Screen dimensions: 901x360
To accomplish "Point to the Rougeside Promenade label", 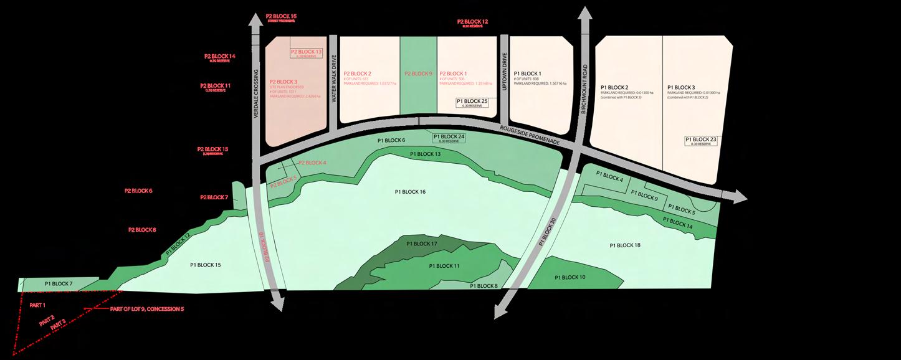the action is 530,136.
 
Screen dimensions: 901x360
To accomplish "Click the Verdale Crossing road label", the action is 256,93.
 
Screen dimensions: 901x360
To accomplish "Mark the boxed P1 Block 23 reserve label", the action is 701,141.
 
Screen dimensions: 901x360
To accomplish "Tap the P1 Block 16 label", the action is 410,192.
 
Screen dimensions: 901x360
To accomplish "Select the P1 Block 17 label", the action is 422,244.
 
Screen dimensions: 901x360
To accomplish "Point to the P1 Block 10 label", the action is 570,277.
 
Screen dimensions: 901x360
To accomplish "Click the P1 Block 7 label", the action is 59,284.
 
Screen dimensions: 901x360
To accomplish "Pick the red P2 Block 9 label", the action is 418,73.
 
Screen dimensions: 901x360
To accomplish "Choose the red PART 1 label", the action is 38,305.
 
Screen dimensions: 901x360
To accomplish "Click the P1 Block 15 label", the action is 206,265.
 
